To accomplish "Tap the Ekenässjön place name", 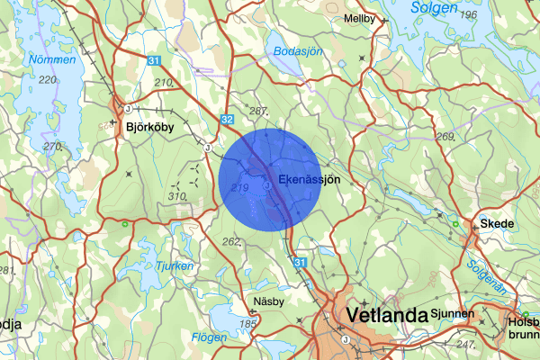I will point(310,180).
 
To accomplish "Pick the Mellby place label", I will point(359,18).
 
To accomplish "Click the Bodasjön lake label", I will point(297,51).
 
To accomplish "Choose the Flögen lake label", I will point(210,338).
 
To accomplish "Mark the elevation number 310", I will point(179,196).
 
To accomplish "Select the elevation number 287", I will point(259,112).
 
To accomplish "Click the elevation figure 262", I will point(231,240).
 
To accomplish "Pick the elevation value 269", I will point(445,137).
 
